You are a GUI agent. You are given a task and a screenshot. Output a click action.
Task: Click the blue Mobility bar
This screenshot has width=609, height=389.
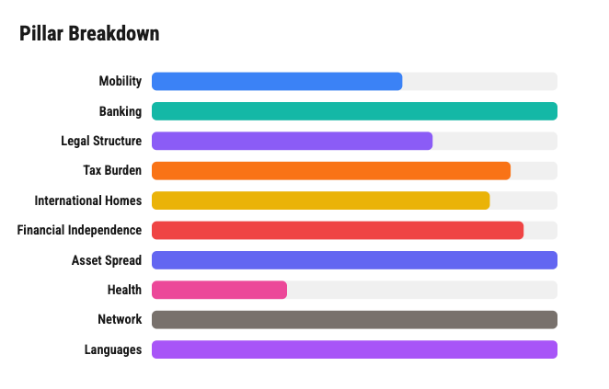pos(276,81)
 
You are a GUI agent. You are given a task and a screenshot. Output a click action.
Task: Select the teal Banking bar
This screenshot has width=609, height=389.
pos(354,111)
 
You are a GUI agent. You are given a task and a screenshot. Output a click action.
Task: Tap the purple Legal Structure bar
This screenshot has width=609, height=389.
pos(292,141)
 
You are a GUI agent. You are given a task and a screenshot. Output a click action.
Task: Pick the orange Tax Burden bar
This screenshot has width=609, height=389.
pos(330,170)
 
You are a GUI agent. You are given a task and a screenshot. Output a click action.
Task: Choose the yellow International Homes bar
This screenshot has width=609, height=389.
pos(320,200)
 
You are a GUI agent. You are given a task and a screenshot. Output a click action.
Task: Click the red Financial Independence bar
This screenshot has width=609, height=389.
pos(337,230)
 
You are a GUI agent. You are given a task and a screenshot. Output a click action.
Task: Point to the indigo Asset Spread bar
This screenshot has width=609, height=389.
pos(354,260)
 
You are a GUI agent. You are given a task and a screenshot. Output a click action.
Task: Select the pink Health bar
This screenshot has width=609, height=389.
pos(219,290)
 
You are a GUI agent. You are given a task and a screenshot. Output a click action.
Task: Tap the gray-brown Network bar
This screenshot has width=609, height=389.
pos(354,319)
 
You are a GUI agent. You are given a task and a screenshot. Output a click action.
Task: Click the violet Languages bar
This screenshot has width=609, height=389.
pos(354,349)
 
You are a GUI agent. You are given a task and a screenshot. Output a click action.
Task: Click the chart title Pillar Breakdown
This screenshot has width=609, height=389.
pos(89,34)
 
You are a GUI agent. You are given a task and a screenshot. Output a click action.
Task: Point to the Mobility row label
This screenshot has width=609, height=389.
pos(120,81)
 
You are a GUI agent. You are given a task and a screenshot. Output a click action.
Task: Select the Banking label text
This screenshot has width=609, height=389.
pos(121,111)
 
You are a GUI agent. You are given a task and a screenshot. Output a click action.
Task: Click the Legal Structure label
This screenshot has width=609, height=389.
pos(101,141)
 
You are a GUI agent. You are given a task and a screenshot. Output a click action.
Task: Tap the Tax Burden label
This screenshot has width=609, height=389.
pos(112,170)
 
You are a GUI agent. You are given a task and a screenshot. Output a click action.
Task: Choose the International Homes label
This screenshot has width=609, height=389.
pos(88,200)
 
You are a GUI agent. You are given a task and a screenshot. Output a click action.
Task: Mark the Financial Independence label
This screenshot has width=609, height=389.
pos(79,230)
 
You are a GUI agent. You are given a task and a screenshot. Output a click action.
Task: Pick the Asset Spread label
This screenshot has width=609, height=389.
pos(107,260)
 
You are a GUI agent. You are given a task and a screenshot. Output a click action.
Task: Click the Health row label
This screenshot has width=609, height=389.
pos(124,290)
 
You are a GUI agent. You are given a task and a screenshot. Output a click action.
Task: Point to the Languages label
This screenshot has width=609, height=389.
pos(113,349)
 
